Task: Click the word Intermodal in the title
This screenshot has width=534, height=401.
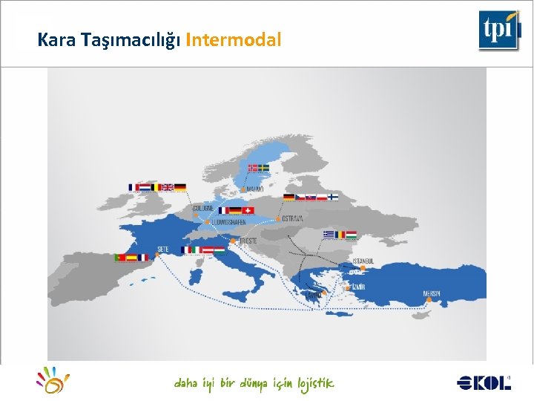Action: point(234,40)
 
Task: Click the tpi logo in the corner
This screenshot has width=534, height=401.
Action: point(498,30)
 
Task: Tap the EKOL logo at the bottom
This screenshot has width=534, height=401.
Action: point(484,382)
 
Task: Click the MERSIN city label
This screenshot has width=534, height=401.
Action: point(432,293)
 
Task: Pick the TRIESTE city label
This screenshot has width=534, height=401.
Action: point(248,241)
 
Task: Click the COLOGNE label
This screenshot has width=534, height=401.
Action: point(202,209)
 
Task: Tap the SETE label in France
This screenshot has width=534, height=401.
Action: point(162,249)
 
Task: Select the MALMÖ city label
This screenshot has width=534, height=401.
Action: point(254,189)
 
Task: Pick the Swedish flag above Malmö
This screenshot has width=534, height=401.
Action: point(263,168)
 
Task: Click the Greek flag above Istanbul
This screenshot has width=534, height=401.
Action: point(329,234)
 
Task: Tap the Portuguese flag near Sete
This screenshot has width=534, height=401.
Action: point(119,258)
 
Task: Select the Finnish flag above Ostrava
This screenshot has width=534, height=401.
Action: point(333,197)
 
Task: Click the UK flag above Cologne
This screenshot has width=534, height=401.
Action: point(168,187)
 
